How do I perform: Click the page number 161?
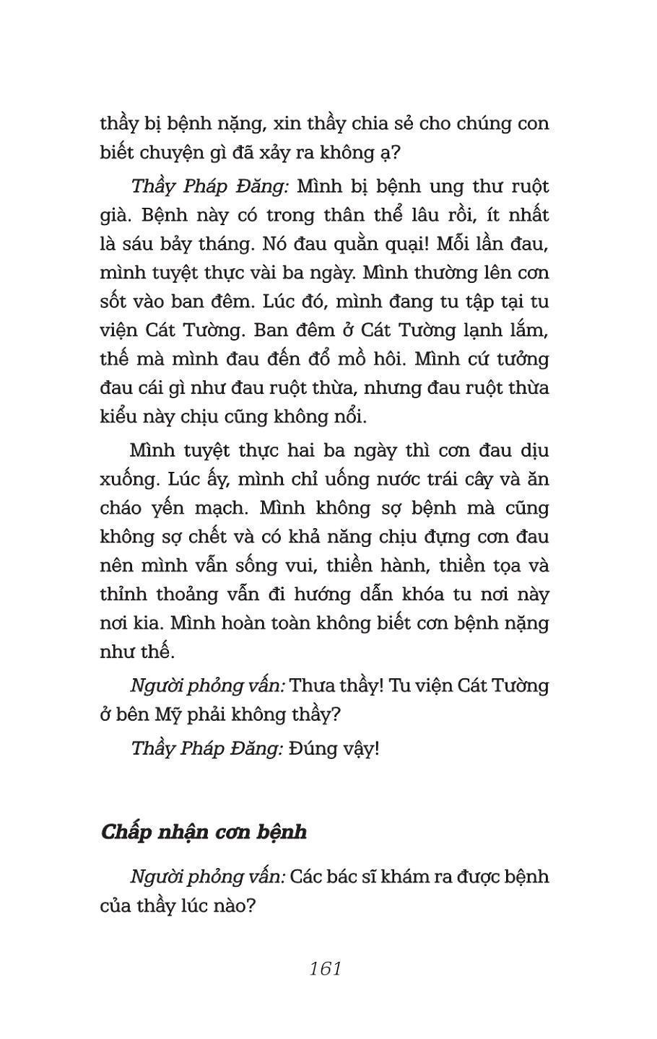[325, 968]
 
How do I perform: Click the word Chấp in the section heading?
[129, 833]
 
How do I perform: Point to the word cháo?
[123, 508]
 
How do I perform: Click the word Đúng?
[313, 748]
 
